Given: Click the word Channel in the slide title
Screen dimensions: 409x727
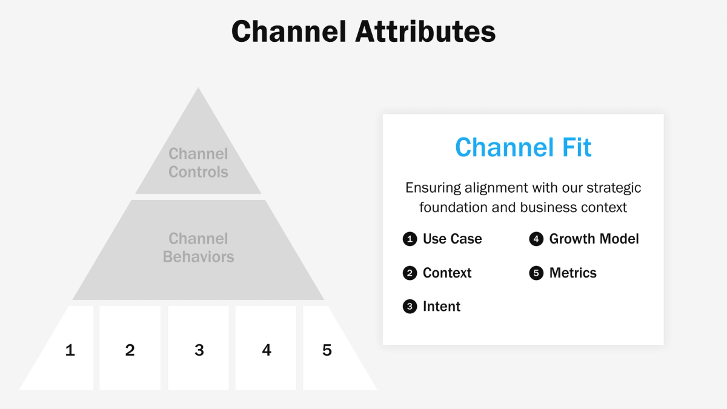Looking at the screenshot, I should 289,32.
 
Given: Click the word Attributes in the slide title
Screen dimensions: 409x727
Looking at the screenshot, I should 425,32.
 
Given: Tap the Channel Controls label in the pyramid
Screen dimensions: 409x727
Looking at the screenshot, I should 198,163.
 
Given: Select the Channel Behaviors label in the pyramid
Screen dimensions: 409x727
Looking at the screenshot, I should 198,248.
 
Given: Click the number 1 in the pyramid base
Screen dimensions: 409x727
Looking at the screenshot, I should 70,350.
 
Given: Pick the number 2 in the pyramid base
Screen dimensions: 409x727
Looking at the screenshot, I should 130,350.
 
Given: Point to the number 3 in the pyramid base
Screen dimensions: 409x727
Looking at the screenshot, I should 199,350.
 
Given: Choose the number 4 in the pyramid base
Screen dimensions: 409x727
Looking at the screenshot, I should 267,350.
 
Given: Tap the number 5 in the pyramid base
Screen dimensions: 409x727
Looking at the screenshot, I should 327,350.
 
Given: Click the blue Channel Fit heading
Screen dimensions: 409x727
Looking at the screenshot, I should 523,147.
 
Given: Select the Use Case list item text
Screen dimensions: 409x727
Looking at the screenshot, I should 452,239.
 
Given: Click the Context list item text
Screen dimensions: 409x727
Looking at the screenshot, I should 447,273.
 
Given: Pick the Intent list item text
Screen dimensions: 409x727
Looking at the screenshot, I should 442,307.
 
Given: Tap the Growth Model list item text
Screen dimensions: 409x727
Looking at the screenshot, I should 594,239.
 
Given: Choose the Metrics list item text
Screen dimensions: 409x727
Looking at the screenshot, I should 573,273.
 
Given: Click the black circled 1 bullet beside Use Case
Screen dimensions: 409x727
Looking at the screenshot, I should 410,239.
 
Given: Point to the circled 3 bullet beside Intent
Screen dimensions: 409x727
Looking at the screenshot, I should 410,307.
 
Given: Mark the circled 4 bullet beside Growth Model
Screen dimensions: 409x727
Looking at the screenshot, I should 536,239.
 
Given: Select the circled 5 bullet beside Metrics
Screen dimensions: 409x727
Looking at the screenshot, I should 536,273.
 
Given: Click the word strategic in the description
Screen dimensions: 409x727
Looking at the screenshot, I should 611,188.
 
